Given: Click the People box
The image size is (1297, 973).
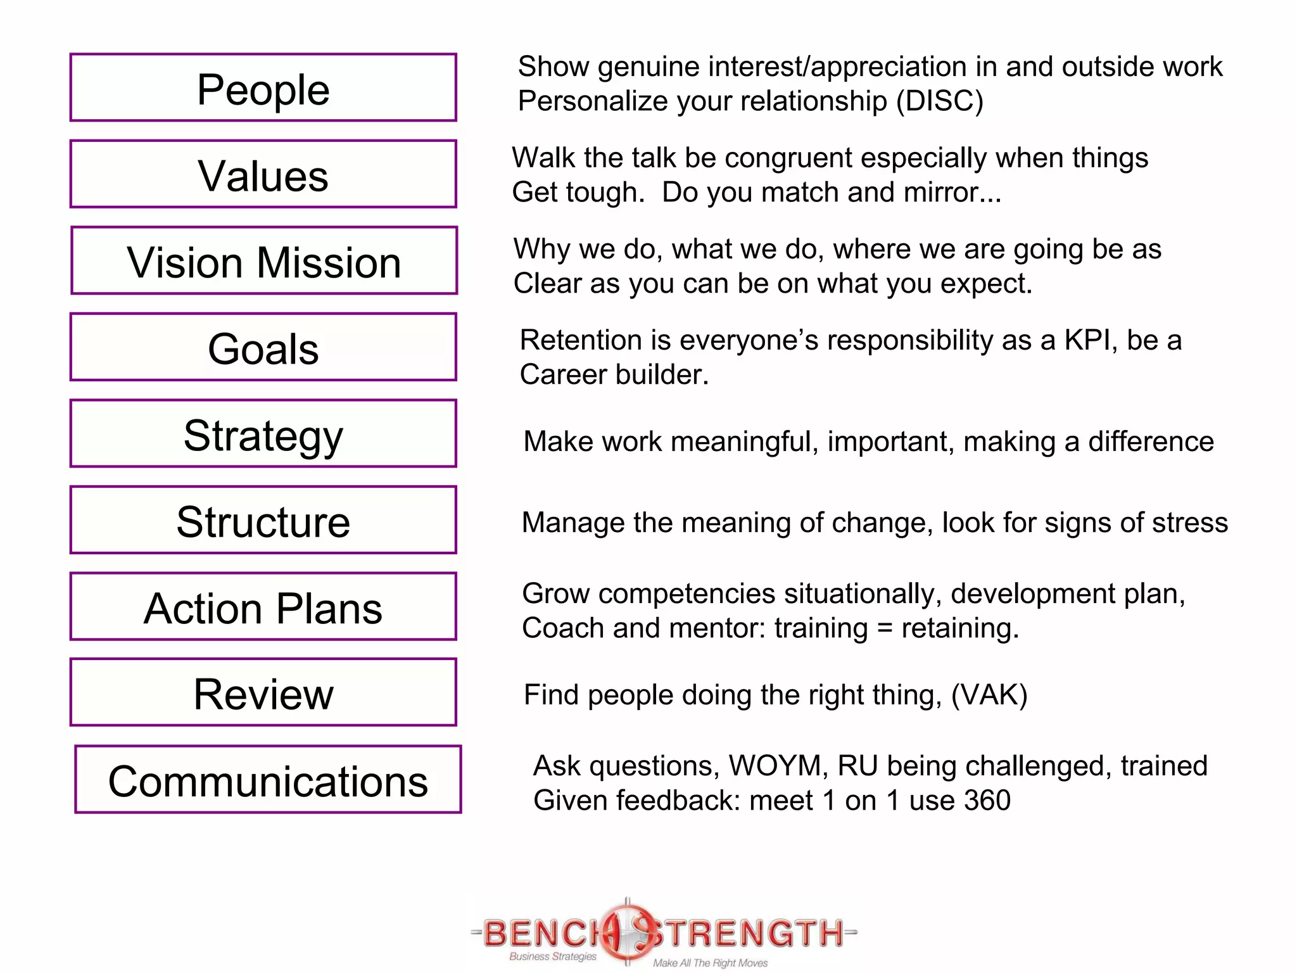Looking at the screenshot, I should coord(263,87).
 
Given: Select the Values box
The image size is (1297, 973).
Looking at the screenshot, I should coord(263,174).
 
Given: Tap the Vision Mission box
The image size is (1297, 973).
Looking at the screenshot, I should coord(264,260).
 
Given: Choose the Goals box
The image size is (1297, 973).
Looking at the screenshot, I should coord(263,347).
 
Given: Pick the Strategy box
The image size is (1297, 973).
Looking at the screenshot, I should coord(263,434).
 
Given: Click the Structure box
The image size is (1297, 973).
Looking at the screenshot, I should coord(263,520).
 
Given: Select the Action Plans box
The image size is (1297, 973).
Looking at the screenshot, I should coord(263,607).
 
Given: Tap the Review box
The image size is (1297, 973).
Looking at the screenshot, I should coord(263,692).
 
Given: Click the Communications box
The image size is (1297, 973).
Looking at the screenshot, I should coord(269,780).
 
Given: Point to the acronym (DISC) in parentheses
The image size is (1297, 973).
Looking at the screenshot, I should coord(940,101).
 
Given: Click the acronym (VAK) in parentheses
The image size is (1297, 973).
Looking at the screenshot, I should coord(989,695).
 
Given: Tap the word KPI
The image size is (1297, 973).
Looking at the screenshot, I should coord(1087,340).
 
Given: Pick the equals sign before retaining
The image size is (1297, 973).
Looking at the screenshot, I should coord(885,628).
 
